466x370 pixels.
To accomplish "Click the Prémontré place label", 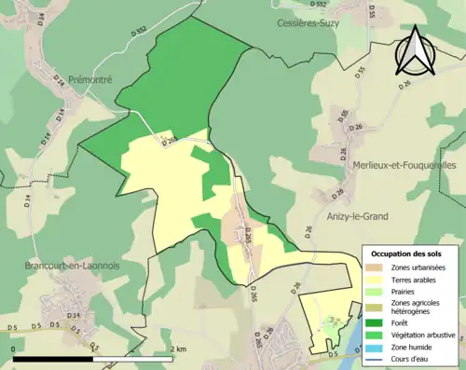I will tap(90, 80).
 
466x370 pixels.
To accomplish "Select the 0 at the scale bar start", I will tap(14, 348).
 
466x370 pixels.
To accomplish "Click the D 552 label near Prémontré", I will tap(141, 58).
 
